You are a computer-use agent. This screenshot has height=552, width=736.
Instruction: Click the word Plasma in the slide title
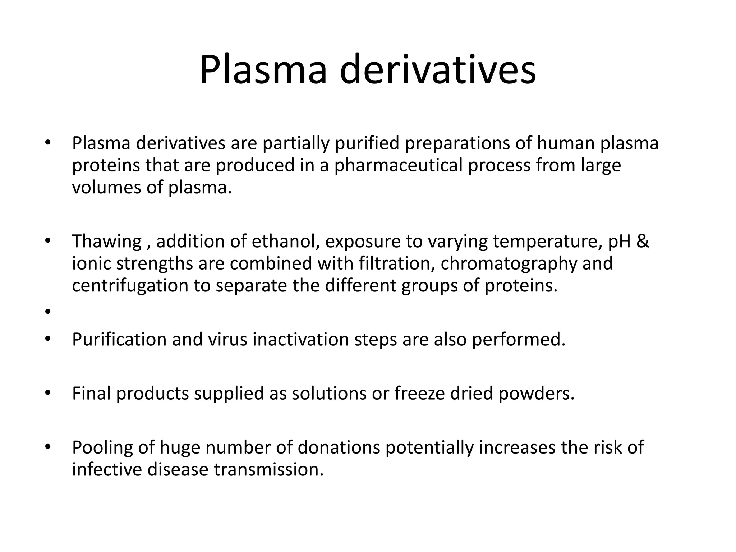[263, 70]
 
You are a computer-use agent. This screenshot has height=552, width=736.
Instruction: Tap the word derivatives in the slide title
[438, 70]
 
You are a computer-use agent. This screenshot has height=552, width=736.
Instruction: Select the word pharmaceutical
[399, 166]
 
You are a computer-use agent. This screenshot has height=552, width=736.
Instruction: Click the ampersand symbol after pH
[643, 241]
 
